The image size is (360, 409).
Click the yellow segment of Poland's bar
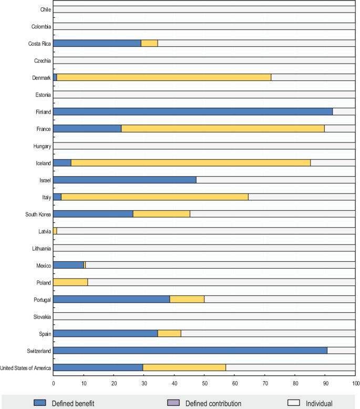click(70, 282)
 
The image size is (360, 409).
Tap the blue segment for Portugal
click(111, 299)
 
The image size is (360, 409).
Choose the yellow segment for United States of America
click(184, 367)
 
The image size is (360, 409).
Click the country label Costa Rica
click(39, 44)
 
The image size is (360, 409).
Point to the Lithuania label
click(40, 248)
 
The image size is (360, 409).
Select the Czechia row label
click(42, 61)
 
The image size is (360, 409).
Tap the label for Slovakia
click(41, 316)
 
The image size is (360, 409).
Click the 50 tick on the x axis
click(204, 384)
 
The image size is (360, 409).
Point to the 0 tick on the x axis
click(54, 384)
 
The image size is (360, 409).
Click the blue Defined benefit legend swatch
click(41, 403)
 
